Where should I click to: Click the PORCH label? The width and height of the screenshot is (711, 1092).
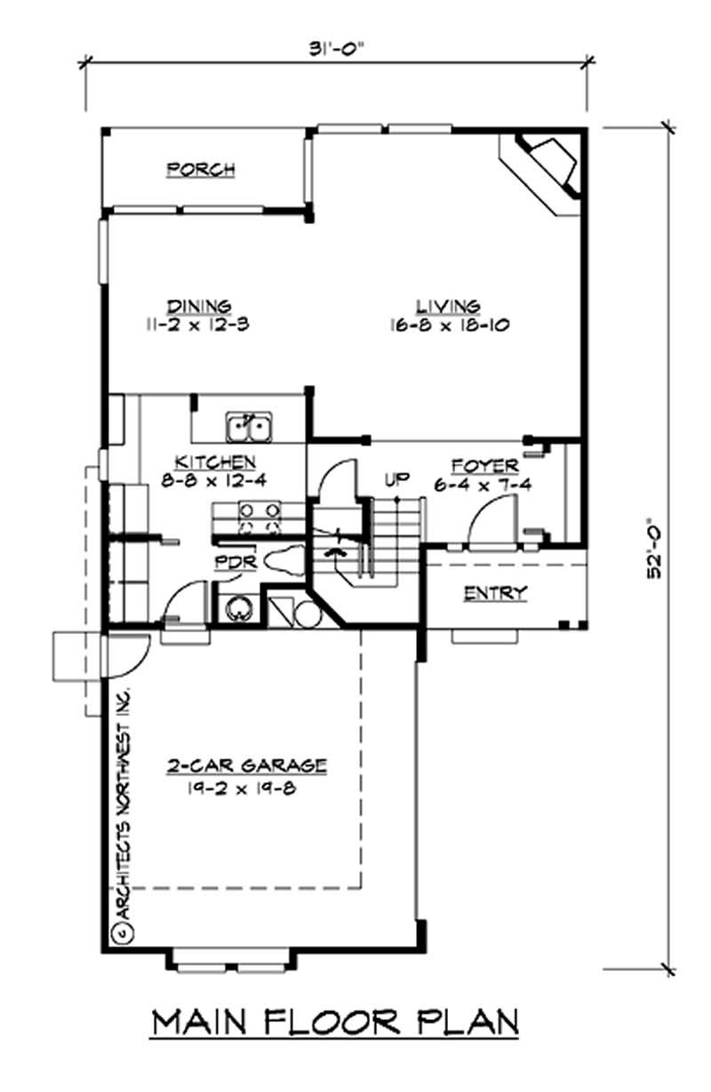pos(201,169)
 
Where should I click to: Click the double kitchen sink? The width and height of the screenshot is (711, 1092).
pos(249,428)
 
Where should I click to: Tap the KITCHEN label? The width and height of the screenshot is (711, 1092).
pos(215,462)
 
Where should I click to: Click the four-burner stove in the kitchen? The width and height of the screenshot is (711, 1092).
pos(258,515)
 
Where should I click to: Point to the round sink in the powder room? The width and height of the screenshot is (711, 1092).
pos(237,608)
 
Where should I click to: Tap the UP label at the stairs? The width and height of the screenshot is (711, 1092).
pos(396,480)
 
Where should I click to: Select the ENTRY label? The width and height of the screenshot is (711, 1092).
pos(496,593)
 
